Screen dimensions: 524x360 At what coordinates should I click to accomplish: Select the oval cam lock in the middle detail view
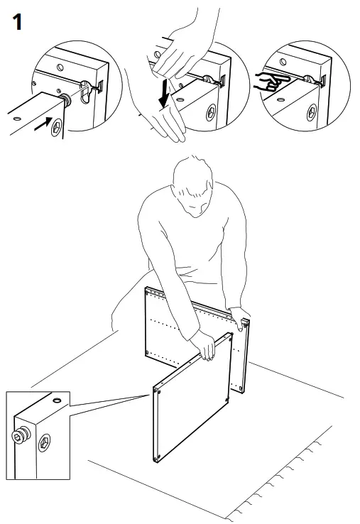[211, 111]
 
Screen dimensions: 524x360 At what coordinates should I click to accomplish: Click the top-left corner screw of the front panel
[156, 389]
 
